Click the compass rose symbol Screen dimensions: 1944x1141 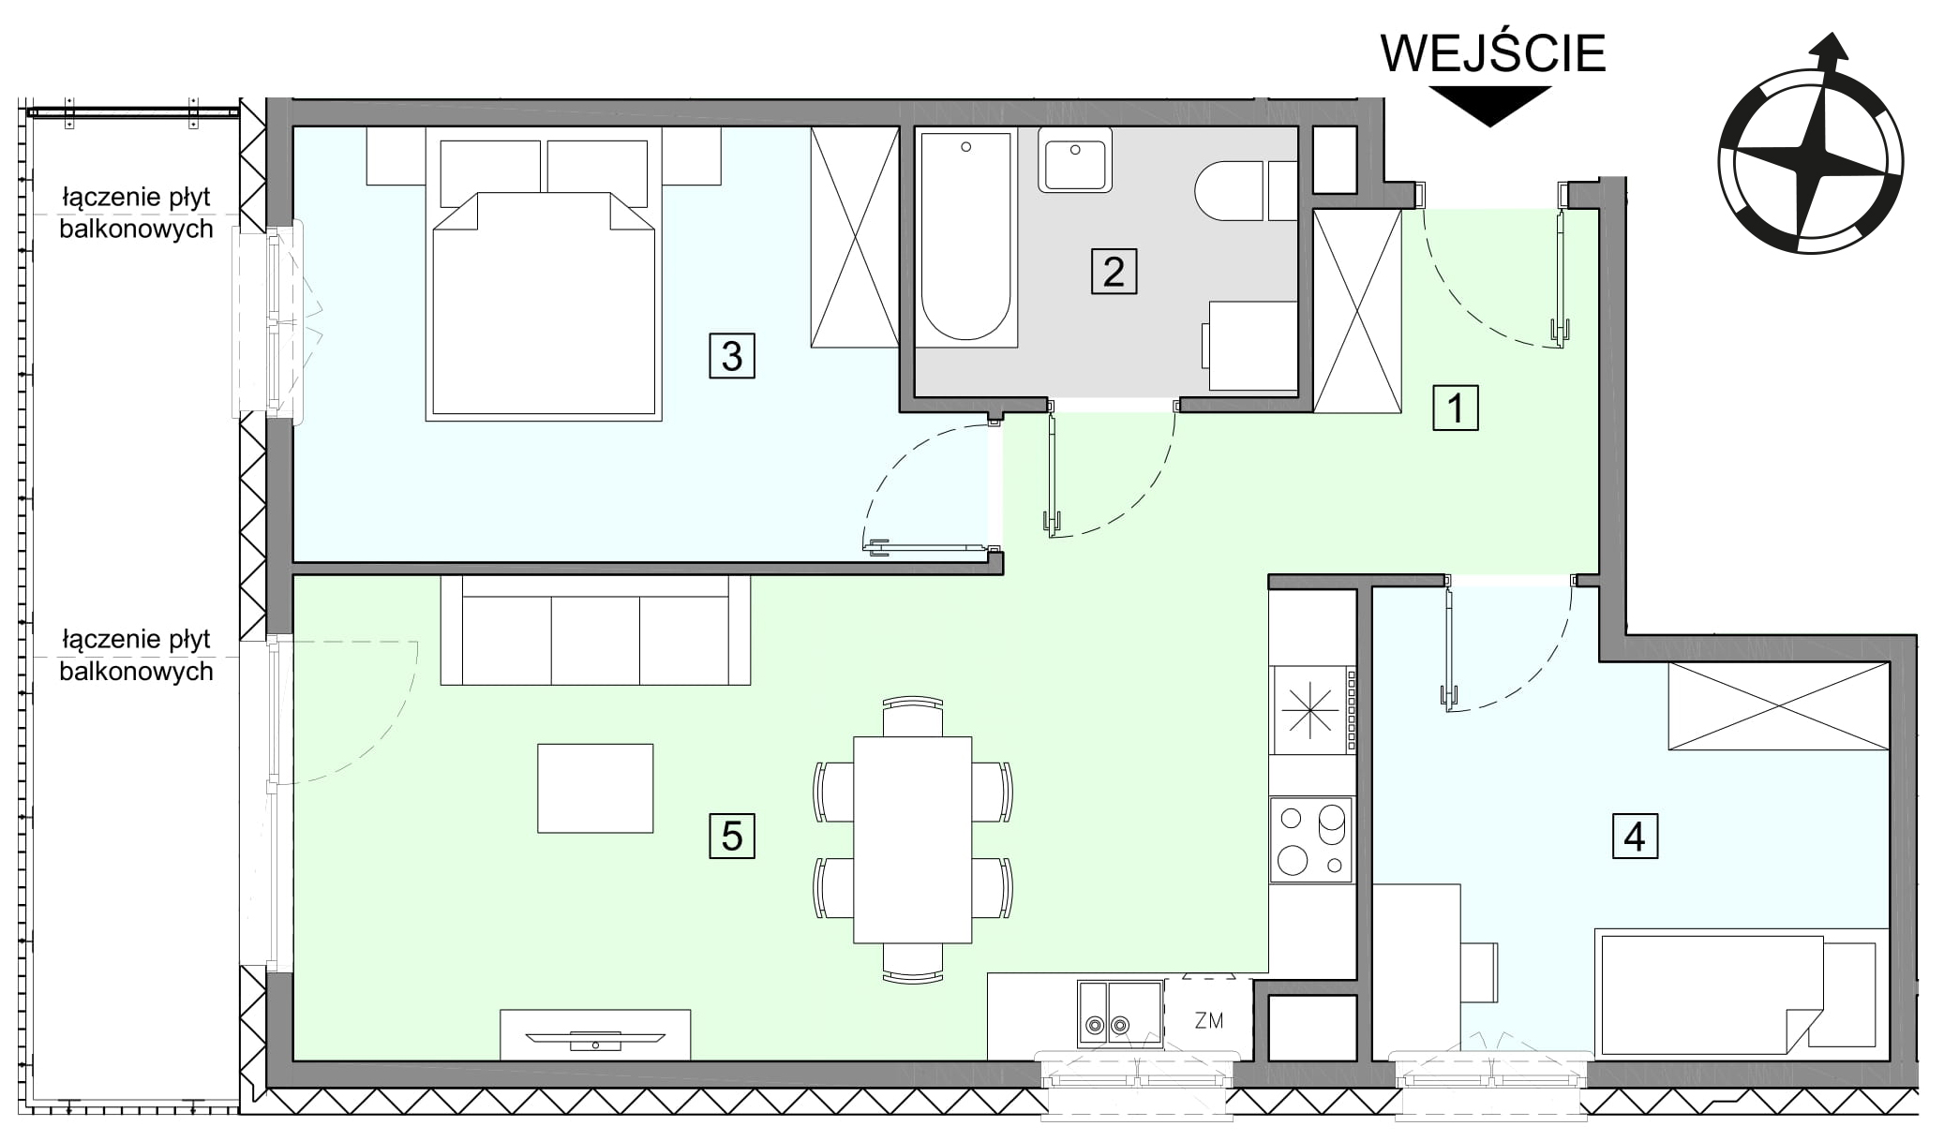pos(1811,150)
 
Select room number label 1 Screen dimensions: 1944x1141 pos(1455,407)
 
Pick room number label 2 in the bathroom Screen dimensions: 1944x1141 pos(1114,272)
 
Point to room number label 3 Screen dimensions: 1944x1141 pos(732,356)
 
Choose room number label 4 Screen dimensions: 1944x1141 pos(1635,836)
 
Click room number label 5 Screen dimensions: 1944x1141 pos(732,836)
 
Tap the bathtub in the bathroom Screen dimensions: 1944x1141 pos(966,237)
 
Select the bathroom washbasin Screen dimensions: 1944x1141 pos(1075,160)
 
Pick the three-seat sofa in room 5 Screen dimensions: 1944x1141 pos(595,630)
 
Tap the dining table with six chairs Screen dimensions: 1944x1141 pos(913,839)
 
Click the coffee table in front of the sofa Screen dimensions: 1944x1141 pos(595,788)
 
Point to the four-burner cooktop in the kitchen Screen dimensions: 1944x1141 pos(1311,839)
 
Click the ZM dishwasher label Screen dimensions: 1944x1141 pos(1209,1020)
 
